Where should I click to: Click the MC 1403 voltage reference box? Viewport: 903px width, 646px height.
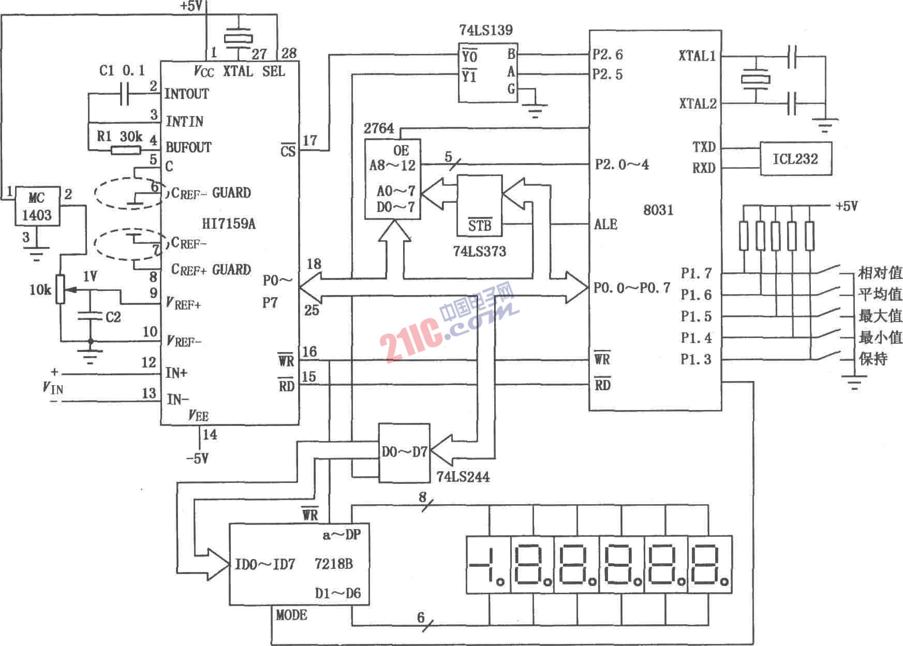(37, 206)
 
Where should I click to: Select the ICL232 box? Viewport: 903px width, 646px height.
(795, 158)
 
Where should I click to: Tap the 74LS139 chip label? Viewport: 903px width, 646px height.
(485, 30)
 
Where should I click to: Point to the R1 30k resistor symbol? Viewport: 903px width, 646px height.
(126, 150)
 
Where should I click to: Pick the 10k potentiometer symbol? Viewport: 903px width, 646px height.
(61, 289)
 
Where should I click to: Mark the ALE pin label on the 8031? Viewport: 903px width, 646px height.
(605, 224)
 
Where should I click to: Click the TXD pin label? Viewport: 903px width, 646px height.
(704, 147)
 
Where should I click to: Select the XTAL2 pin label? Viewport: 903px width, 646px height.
(698, 104)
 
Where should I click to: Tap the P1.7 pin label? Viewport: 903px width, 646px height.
(696, 273)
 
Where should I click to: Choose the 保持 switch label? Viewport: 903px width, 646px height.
(874, 359)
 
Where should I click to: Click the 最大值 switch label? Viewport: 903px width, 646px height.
(880, 315)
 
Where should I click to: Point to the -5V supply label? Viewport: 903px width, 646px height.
(197, 459)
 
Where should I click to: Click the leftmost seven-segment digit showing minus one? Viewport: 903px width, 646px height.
(486, 564)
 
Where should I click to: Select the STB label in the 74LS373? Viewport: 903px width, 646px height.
(480, 226)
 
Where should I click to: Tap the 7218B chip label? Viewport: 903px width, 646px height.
(334, 563)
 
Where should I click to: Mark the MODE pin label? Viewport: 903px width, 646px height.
(291, 615)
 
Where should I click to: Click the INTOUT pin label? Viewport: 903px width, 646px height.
(187, 94)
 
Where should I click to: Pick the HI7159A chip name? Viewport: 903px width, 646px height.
(228, 224)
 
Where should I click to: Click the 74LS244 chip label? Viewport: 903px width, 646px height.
(463, 477)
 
